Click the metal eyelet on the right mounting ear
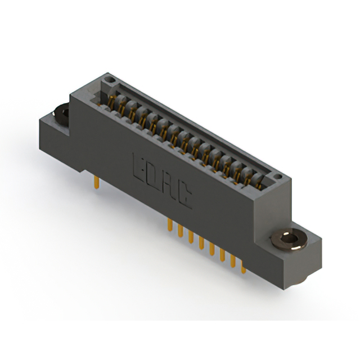289,240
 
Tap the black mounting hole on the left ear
61,114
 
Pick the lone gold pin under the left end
97,182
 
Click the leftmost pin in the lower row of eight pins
170,224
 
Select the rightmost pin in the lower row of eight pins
243,267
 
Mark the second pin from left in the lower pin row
181,231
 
